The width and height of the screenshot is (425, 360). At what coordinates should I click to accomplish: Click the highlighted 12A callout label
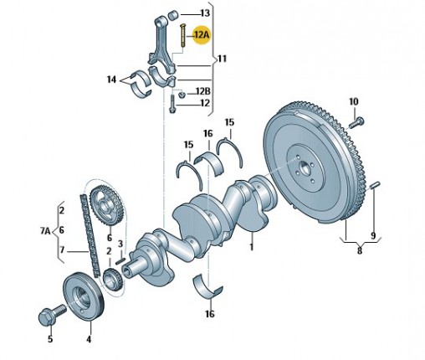coord(202,35)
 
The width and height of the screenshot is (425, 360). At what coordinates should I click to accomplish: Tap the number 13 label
coord(205,13)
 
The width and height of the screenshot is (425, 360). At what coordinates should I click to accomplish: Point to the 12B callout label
coord(203,91)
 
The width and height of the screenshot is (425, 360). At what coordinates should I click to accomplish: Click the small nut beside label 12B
coord(182,95)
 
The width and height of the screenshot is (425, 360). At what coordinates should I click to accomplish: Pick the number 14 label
coord(112,80)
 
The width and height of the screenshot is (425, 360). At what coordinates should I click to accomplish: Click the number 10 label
coord(354,101)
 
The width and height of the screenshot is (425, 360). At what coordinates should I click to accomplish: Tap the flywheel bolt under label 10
coord(356,122)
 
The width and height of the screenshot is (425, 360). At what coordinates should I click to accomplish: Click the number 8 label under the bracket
coord(360,250)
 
